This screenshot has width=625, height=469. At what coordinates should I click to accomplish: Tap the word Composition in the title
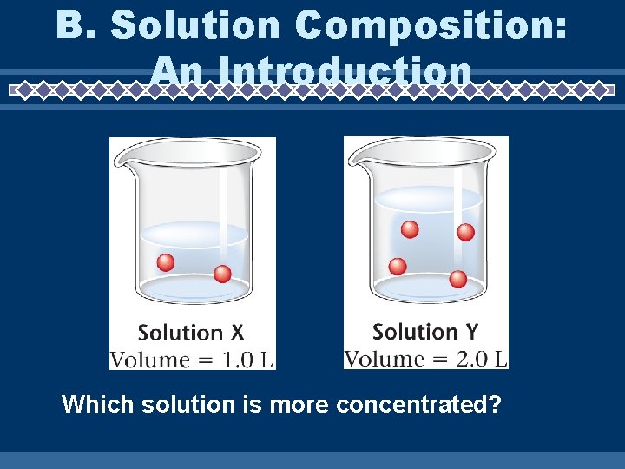tap(431, 27)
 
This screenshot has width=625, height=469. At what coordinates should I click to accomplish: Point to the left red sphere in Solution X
tap(165, 262)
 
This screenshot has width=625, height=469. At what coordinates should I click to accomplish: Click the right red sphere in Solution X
tap(222, 274)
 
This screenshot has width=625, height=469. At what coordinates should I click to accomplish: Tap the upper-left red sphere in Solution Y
tap(410, 229)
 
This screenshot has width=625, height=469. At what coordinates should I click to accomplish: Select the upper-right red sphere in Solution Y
tap(465, 232)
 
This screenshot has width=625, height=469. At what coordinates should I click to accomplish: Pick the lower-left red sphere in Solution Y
tap(398, 266)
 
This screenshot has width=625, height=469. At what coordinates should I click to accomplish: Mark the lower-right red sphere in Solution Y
tap(457, 279)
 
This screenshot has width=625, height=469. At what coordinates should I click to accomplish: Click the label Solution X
tap(191, 333)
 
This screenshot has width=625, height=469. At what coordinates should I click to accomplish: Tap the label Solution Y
tap(424, 332)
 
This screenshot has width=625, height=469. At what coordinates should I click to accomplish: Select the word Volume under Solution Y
tap(385, 359)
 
